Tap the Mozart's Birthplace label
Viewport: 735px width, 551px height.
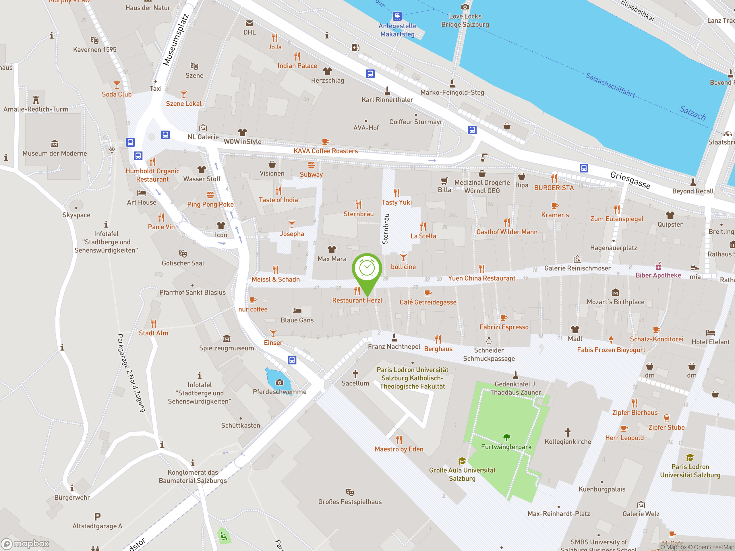click(x=615, y=302)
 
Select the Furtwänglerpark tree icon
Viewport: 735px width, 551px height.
click(x=506, y=437)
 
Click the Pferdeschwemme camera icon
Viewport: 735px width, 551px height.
click(x=279, y=382)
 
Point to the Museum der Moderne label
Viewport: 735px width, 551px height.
click(x=55, y=154)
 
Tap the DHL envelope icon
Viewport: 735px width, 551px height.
click(x=249, y=23)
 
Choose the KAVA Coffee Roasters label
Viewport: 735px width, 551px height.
click(x=326, y=151)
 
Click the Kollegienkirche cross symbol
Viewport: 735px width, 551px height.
click(x=568, y=432)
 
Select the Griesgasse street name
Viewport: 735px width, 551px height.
click(x=630, y=180)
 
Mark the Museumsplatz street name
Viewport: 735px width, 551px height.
click(x=176, y=40)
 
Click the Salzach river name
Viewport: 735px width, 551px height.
click(x=693, y=112)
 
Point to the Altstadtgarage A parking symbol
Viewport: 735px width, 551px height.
click(x=97, y=517)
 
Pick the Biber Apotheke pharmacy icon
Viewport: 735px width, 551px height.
click(x=658, y=266)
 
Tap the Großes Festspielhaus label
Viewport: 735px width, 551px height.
click(x=350, y=502)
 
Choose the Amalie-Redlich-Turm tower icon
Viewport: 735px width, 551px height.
click(x=36, y=100)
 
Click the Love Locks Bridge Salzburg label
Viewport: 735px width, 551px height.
click(x=465, y=20)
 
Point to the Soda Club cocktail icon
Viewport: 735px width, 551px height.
click(x=117, y=85)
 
